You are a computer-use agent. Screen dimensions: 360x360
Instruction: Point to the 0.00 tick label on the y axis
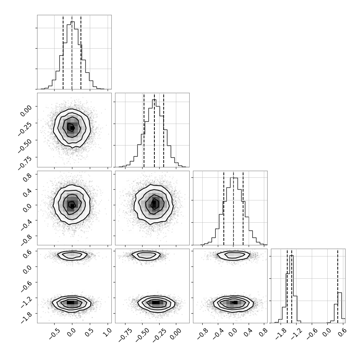(x=26, y=111)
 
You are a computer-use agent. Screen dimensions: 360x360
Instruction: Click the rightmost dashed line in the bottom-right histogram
(x=338, y=286)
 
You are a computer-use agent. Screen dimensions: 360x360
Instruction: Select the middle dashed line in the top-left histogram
(x=72, y=52)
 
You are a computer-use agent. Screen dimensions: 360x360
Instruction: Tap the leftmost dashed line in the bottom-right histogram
(x=287, y=286)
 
